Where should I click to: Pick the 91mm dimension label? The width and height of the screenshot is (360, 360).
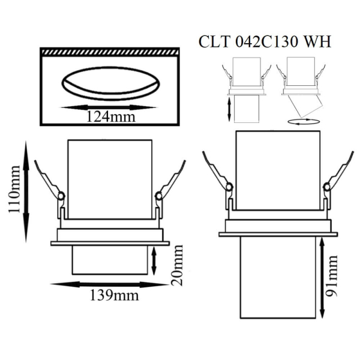tap(334, 277)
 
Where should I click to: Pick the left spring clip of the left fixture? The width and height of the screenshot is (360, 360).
tap(48, 180)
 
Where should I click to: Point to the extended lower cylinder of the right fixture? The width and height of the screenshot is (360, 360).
tap(277, 279)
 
